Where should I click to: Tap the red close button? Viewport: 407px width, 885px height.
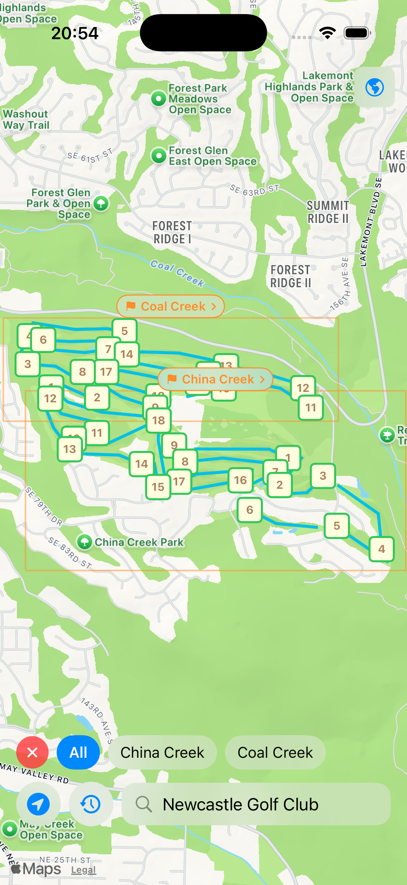click(32, 752)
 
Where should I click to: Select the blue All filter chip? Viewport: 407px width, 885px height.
click(78, 752)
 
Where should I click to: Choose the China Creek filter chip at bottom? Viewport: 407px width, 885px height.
click(162, 752)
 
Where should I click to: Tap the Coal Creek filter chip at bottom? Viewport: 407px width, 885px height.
click(275, 752)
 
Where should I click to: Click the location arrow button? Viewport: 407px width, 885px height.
click(38, 804)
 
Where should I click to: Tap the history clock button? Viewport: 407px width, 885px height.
click(91, 804)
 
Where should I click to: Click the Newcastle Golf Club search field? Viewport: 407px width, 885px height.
click(255, 804)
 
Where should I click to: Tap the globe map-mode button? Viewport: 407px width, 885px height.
click(374, 87)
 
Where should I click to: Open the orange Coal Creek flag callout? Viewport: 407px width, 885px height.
click(171, 306)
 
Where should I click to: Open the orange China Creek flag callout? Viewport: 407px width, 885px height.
click(215, 379)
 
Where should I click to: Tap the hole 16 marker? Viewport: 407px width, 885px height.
click(240, 480)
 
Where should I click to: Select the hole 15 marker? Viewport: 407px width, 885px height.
click(158, 487)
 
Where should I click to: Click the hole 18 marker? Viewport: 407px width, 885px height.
click(158, 420)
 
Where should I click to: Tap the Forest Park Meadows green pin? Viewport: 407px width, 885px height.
click(159, 99)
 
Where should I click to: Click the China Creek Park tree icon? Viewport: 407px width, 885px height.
click(84, 542)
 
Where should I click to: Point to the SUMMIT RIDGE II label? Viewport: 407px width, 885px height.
click(328, 212)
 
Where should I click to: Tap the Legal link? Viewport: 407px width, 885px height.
click(83, 869)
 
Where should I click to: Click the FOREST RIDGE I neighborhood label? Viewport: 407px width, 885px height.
click(172, 232)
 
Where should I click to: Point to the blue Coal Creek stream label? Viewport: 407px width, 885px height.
click(177, 273)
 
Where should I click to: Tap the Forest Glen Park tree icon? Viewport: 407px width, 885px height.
click(101, 204)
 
